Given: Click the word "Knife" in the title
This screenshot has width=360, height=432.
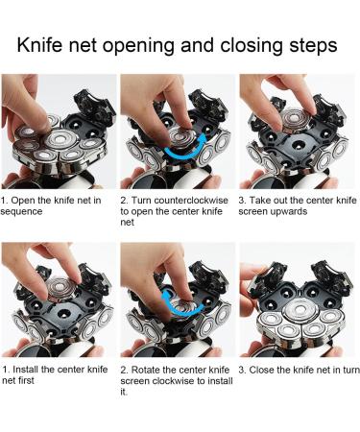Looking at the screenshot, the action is (39, 45).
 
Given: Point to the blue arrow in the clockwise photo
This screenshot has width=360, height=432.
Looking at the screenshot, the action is (180, 303).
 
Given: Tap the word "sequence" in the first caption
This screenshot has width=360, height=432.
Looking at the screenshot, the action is (21, 212).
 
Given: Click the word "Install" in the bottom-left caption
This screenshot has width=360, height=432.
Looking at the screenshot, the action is (25, 370).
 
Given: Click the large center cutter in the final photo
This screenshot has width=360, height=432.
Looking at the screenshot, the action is (300, 310).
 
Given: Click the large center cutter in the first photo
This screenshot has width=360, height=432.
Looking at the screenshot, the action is (60, 140).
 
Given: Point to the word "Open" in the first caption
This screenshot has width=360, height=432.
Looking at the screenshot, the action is (23, 201).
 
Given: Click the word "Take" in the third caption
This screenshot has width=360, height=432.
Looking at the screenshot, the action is (258, 201).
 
